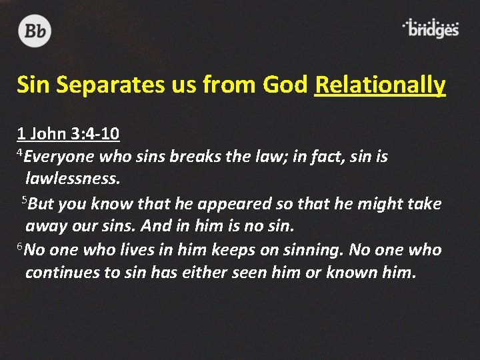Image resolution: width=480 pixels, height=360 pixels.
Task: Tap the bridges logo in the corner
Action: [x=431, y=29]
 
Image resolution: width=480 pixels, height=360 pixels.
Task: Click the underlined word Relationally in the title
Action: [x=379, y=85]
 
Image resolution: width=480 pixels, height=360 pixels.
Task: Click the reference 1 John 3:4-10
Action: [x=68, y=134]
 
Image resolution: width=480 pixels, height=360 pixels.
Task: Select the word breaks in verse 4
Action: [x=191, y=157]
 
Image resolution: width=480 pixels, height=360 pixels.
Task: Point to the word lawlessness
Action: [x=73, y=180]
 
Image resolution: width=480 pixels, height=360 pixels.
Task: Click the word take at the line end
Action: [x=423, y=204]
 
